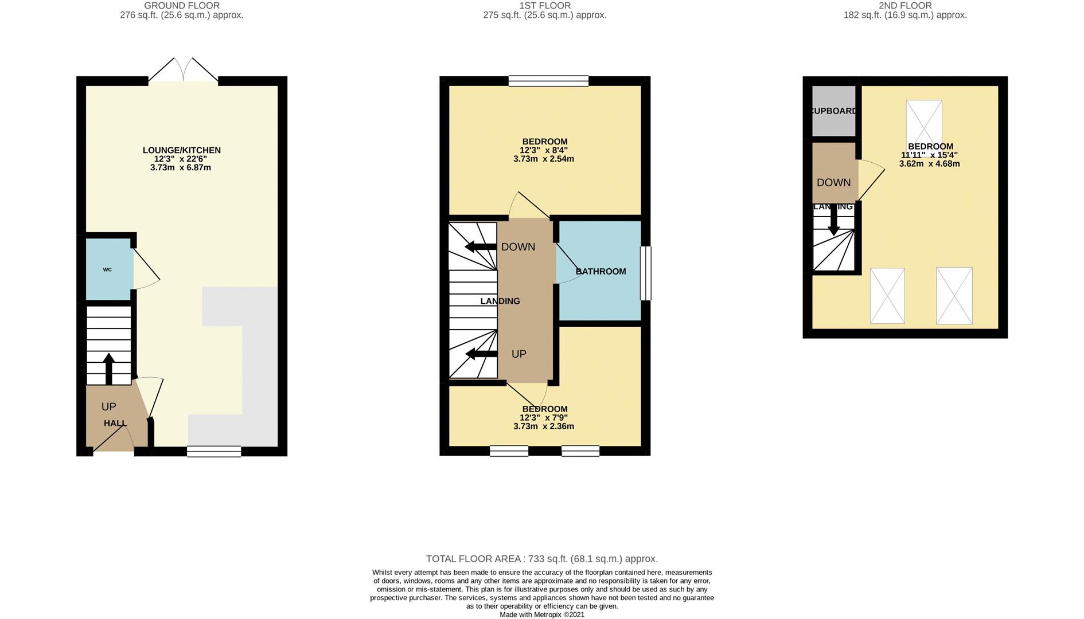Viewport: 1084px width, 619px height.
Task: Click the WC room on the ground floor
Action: (108, 269)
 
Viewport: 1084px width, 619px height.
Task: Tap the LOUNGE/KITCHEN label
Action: (181, 150)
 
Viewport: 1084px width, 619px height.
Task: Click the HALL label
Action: (115, 423)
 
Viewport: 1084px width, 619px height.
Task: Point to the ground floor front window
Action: (214, 452)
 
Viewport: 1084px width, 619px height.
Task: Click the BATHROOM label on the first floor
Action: (601, 271)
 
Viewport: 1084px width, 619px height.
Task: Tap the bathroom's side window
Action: (646, 273)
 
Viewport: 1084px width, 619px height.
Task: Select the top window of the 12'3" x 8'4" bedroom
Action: (548, 81)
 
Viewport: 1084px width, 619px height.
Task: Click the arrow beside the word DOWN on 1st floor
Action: (481, 247)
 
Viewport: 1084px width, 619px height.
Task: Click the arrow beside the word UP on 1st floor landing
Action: (481, 354)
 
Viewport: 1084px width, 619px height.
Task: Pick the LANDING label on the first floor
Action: (500, 301)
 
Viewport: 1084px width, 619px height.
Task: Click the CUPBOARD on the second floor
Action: (833, 111)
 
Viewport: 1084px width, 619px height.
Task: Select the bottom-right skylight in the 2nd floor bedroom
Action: (954, 295)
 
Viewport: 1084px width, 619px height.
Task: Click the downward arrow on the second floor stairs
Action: (833, 221)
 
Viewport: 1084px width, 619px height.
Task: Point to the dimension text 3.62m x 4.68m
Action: (929, 163)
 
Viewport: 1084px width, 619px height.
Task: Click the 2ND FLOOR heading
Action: (904, 6)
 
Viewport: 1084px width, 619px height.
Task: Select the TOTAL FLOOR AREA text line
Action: (541, 559)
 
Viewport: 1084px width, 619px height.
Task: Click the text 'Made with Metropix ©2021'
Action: (541, 614)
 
